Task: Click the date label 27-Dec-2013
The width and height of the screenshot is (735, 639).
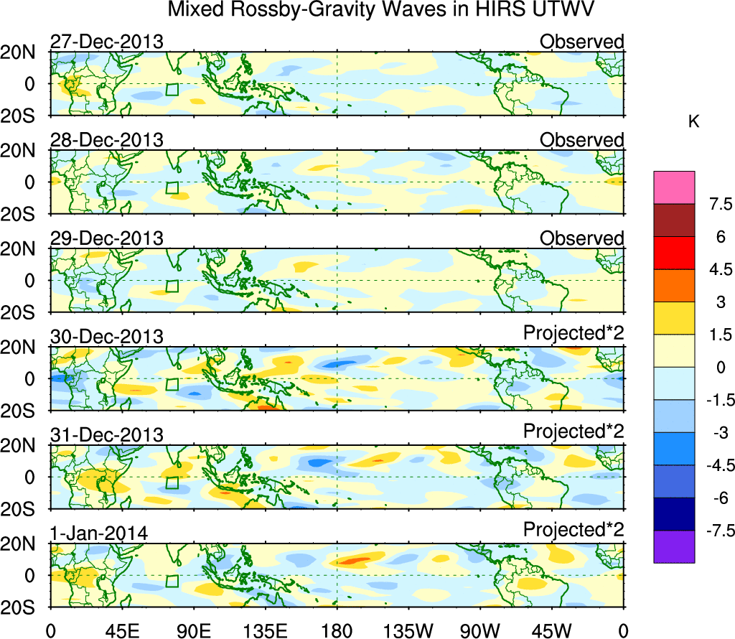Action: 106,42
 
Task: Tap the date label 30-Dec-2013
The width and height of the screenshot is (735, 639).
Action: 106,337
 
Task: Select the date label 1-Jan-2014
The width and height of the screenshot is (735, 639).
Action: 99,533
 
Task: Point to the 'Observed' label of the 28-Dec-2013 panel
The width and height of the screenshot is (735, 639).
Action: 581,140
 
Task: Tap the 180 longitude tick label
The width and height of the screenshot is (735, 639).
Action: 337,630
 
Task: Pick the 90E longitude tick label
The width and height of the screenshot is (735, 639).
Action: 193,630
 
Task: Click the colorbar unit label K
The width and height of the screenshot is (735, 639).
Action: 693,122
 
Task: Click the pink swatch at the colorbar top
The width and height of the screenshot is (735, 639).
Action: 674,187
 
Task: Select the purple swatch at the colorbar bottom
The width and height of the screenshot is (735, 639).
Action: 674,546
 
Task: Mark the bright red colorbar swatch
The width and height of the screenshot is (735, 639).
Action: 674,253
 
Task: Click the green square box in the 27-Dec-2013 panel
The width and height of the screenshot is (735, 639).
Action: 172,90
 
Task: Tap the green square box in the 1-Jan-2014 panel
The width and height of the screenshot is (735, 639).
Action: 172,582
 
